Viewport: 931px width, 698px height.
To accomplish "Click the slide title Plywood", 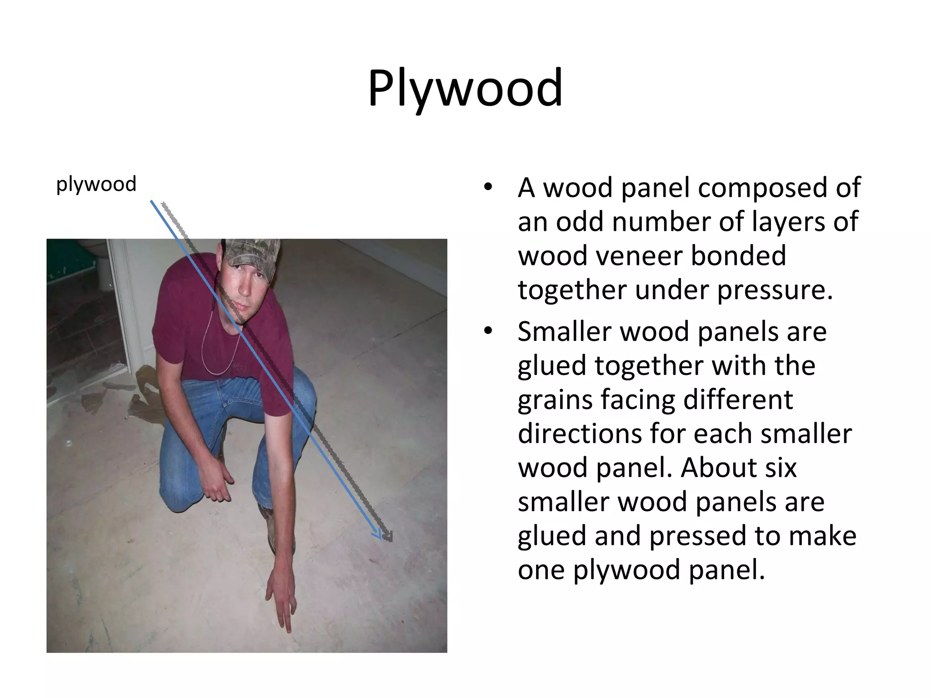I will coord(465,89).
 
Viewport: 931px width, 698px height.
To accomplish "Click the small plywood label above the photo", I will coord(96,184).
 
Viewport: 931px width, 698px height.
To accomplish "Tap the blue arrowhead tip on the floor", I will coord(380,538).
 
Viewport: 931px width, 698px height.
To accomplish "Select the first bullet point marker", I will coord(488,188).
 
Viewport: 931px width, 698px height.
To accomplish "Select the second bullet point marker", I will coord(488,331).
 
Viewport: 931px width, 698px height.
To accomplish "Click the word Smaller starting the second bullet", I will coord(565,331).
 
